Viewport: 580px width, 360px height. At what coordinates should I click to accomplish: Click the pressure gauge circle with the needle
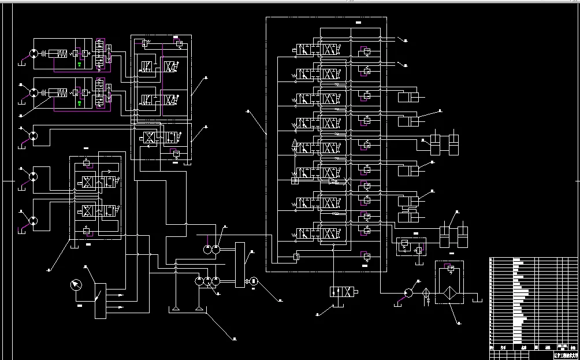pyautogui.click(x=75, y=285)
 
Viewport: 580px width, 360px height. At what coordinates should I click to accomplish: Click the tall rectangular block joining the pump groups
pyautogui.click(x=240, y=265)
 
